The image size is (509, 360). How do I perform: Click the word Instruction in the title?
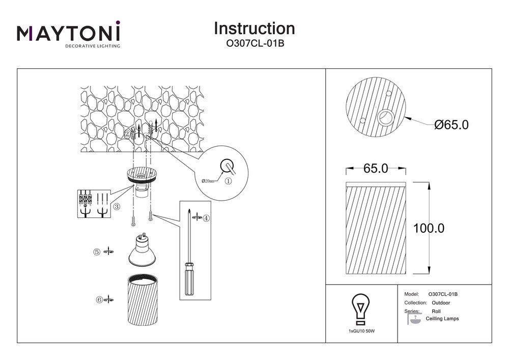(x=254, y=28)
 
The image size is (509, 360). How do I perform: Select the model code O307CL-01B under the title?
(x=254, y=44)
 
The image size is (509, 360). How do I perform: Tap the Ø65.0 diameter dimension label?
(x=451, y=124)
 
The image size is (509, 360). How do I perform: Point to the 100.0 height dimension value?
(x=428, y=228)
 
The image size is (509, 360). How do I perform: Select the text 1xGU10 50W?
(x=361, y=331)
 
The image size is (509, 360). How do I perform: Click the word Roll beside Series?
(x=436, y=311)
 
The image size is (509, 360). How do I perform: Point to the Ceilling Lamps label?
(x=442, y=319)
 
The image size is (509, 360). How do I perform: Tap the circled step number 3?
(x=117, y=207)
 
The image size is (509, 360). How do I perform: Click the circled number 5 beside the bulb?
(x=96, y=252)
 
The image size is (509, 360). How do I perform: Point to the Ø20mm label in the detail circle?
(x=209, y=181)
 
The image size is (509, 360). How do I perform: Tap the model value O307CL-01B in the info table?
(x=443, y=294)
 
